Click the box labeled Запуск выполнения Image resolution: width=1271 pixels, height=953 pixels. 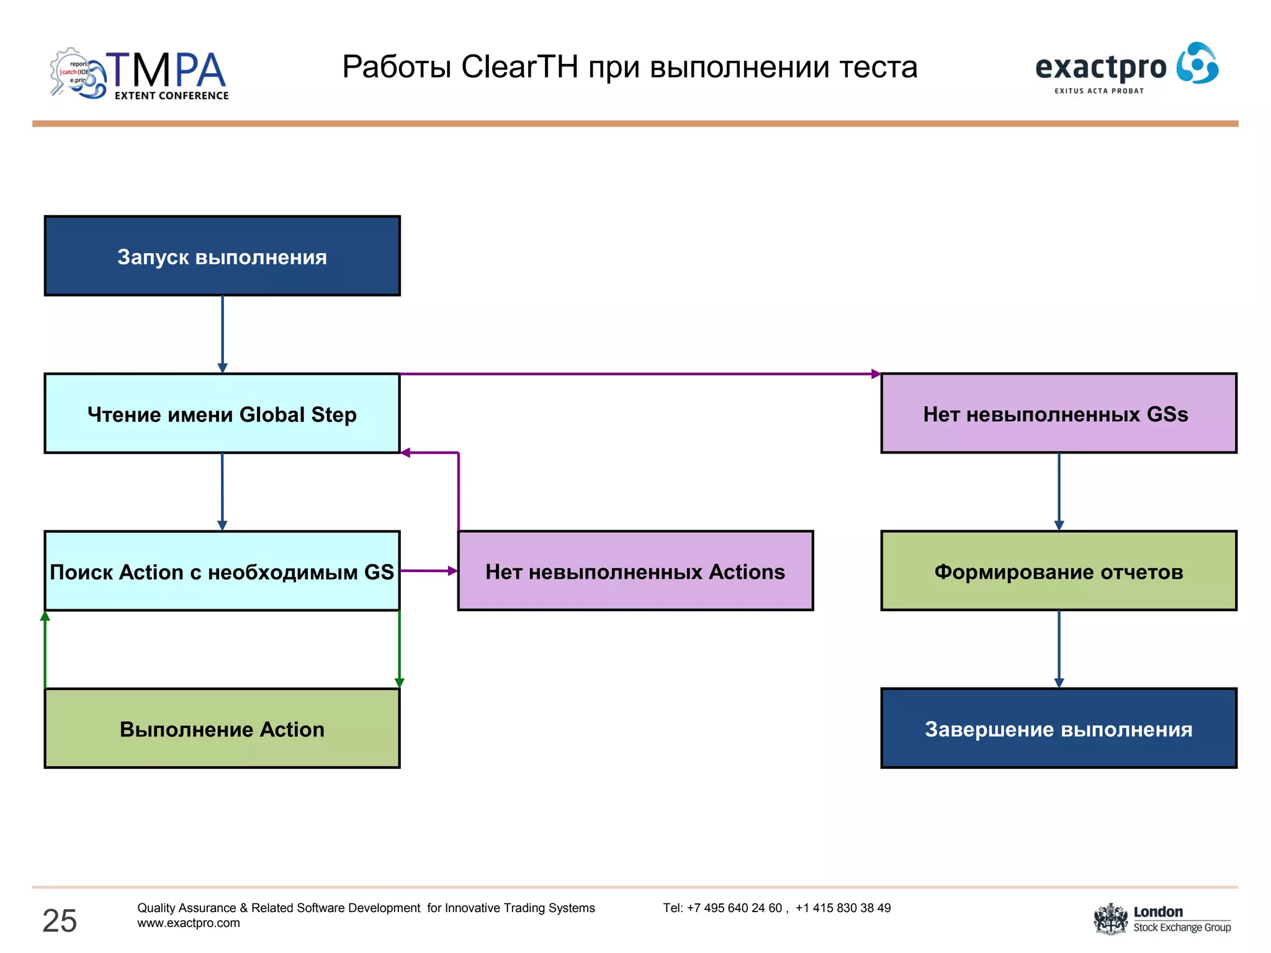(x=222, y=256)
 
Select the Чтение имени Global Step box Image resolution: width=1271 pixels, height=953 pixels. (x=222, y=413)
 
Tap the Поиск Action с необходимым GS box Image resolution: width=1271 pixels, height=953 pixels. (x=222, y=571)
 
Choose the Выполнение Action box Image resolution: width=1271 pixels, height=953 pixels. (x=222, y=728)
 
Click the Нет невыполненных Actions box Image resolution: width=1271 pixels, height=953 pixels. (x=635, y=571)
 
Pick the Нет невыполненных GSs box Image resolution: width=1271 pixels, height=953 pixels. (x=1059, y=413)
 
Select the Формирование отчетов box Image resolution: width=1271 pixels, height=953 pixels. (x=1059, y=571)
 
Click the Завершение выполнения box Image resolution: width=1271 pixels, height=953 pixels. (x=1059, y=728)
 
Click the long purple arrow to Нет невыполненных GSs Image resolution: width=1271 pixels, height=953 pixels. (x=639, y=374)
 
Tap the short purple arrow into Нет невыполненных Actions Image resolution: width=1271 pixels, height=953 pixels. (x=429, y=571)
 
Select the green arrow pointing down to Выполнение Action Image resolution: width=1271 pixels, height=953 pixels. (x=399, y=649)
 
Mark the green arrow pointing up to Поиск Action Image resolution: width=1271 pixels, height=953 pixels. (x=45, y=649)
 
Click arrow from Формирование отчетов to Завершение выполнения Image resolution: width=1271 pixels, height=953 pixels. (x=1059, y=649)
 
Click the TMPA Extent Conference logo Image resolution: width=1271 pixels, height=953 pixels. (x=140, y=74)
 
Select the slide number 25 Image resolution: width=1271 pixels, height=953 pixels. (x=60, y=920)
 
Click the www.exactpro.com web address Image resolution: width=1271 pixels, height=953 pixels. (x=189, y=923)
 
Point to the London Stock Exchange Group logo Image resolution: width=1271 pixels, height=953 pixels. (x=1162, y=919)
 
